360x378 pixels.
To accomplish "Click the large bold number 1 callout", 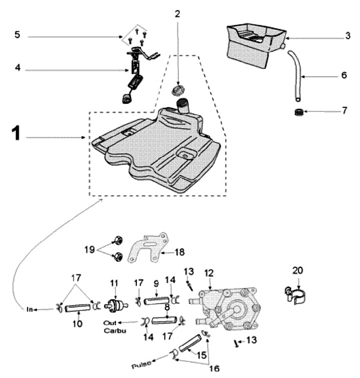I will click(16, 134).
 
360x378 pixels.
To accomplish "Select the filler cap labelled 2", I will click(177, 90).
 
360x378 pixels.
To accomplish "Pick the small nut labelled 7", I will click(299, 110).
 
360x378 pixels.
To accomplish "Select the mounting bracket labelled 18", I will click(147, 248).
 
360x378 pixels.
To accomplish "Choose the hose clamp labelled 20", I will click(294, 294).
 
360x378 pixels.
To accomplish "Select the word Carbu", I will click(115, 331).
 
